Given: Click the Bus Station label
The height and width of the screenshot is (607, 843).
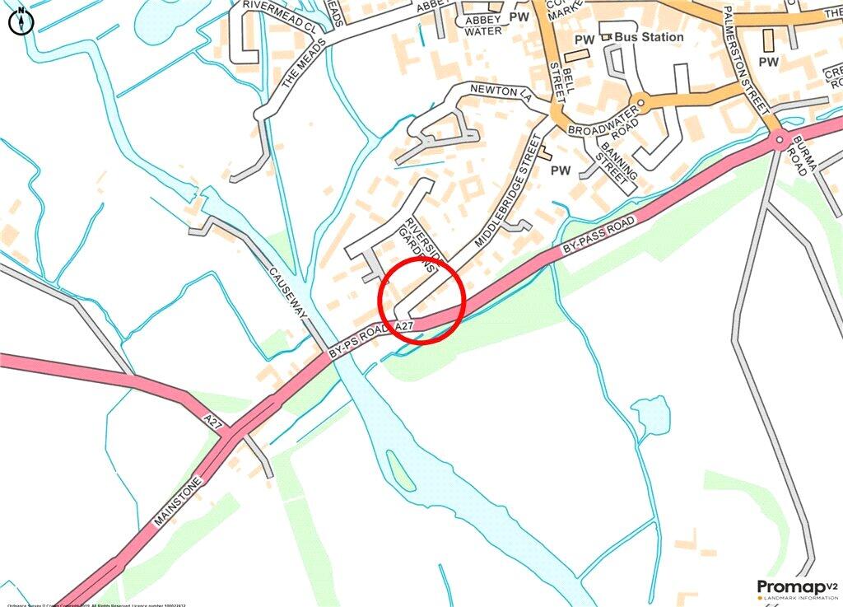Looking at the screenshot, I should tap(653, 37).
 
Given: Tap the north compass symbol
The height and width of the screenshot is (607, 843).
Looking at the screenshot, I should tap(20, 21).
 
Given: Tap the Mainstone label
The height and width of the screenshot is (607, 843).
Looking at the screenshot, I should tap(177, 500).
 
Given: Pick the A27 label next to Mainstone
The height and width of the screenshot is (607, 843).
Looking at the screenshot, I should tap(214, 424).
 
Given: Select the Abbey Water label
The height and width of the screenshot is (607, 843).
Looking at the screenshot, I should tap(483, 26).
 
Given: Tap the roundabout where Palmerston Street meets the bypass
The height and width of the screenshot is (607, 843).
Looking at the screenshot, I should tap(779, 142).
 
